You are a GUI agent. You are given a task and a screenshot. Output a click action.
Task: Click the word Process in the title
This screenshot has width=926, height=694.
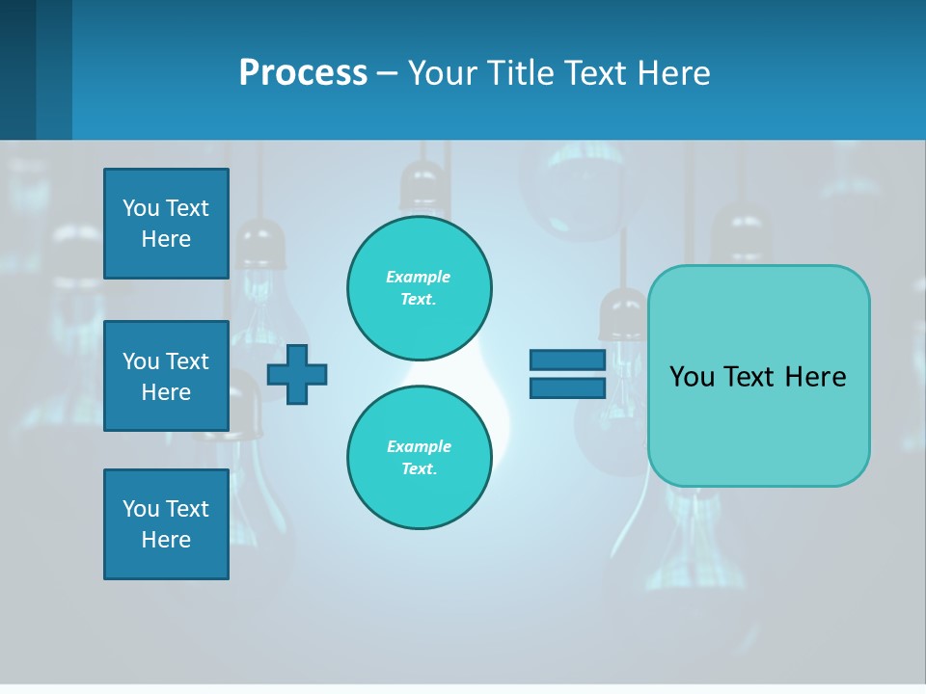pos(303,73)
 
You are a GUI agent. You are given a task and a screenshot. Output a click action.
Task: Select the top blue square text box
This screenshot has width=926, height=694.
pos(166,224)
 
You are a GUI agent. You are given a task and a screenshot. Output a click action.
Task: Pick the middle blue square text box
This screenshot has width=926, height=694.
pos(166,376)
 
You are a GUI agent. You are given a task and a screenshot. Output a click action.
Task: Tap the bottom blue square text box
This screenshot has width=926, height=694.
pos(166,524)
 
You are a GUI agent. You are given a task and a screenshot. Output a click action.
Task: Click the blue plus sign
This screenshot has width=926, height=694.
pos(297,374)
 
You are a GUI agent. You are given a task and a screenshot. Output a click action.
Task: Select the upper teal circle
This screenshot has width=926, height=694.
pos(420,288)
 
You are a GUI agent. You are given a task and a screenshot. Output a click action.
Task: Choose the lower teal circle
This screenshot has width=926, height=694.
pos(420,458)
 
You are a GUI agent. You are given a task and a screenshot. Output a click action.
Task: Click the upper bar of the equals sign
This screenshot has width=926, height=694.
pos(567,360)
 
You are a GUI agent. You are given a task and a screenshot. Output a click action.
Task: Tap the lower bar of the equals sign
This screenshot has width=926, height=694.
pos(567,387)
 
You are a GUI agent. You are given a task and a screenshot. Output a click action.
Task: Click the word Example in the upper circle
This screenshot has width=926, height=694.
pos(418,277)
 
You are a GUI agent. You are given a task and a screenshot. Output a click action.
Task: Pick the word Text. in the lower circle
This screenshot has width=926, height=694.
pos(419,469)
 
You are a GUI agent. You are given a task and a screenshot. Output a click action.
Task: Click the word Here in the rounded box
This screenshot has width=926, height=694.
pos(815,377)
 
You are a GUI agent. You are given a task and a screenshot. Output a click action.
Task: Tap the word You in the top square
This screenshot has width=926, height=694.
pos(141,208)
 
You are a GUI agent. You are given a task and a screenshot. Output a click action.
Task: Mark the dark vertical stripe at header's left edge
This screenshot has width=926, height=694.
pos(17,69)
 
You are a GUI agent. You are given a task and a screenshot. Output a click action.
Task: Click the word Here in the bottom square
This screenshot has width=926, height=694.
pos(166,540)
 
